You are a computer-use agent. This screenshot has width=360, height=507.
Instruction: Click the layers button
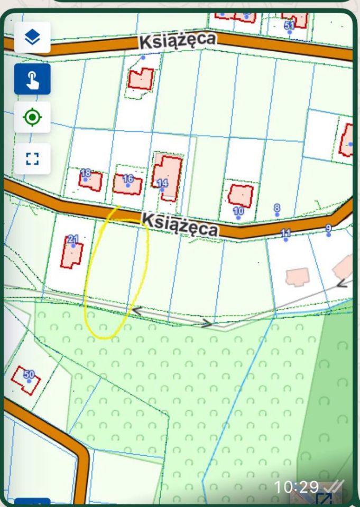[x=32, y=37]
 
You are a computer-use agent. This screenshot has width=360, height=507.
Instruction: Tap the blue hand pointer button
[x=32, y=79]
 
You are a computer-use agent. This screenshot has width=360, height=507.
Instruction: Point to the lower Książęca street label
[x=180, y=224]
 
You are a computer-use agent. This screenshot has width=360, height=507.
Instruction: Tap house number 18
[x=85, y=173]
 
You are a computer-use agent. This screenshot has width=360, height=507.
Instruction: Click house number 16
[x=128, y=179]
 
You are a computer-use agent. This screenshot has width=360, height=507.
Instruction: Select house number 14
[x=162, y=183]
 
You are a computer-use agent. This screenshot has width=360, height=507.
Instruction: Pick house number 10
[x=238, y=211]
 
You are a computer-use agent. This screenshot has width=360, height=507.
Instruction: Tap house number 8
[x=277, y=208]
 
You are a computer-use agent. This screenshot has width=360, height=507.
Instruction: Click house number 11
[x=286, y=233]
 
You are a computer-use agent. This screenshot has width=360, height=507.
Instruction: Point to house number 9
[x=328, y=228]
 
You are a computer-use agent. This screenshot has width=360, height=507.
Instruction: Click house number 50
[x=29, y=374]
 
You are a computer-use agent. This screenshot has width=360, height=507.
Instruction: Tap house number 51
[x=289, y=25]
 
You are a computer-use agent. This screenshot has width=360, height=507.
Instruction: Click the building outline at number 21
[x=71, y=253]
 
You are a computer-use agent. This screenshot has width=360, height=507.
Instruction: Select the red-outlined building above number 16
[x=141, y=78]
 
